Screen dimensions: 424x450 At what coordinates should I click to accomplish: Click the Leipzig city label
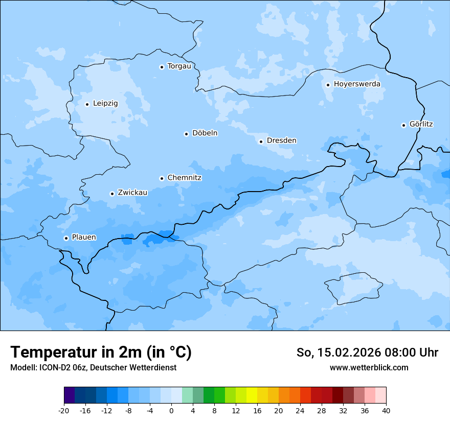pyautogui.click(x=105, y=103)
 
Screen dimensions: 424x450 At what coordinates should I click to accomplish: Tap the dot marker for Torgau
pyautogui.click(x=162, y=67)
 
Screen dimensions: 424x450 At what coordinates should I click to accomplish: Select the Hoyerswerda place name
pyautogui.click(x=357, y=84)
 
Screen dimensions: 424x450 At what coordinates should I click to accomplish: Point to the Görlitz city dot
pyautogui.click(x=403, y=125)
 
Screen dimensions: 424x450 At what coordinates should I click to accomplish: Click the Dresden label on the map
pyautogui.click(x=281, y=140)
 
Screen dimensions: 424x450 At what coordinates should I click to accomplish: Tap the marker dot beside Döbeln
pyautogui.click(x=186, y=134)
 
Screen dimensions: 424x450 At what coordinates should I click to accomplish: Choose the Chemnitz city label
pyautogui.click(x=184, y=178)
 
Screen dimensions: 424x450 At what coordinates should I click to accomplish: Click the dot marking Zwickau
pyautogui.click(x=112, y=194)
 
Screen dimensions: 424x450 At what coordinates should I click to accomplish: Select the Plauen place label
pyautogui.click(x=84, y=237)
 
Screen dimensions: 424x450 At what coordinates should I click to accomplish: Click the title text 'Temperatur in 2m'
pyautogui.click(x=77, y=352)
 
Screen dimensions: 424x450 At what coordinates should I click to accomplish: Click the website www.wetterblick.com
pyautogui.click(x=369, y=368)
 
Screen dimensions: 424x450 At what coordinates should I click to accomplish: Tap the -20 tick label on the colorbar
pyautogui.click(x=64, y=410)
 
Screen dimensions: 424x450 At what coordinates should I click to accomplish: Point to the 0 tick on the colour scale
pyautogui.click(x=171, y=410)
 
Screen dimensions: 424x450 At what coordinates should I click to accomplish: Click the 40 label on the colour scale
pyautogui.click(x=386, y=410)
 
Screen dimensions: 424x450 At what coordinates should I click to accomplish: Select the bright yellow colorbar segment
pyautogui.click(x=252, y=395)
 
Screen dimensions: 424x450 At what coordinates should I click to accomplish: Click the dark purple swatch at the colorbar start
pyautogui.click(x=69, y=395)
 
